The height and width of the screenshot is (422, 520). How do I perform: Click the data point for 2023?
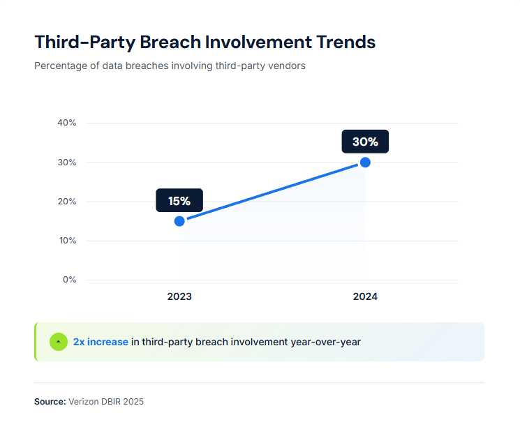179,221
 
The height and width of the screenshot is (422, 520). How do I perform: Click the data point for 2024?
365,163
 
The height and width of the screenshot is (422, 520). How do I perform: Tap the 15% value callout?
179,201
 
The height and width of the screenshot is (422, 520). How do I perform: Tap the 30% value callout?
365,142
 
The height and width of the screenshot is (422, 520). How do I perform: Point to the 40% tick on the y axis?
67,123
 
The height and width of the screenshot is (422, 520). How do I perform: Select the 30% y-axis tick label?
67,163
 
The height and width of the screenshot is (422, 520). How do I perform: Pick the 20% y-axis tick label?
67,202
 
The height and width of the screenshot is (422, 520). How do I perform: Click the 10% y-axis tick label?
67,241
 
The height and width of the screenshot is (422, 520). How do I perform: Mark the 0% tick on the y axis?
70,280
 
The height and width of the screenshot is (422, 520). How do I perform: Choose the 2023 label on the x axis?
179,296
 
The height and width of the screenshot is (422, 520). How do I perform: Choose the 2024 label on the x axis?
365,296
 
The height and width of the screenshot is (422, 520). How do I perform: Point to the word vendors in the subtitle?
287,66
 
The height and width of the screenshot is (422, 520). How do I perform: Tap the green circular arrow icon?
59,342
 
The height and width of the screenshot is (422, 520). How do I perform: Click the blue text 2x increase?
101,342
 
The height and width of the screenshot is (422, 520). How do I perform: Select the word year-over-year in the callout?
327,342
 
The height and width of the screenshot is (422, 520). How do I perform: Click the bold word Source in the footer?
50,402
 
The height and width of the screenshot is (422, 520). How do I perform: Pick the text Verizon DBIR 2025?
106,402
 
